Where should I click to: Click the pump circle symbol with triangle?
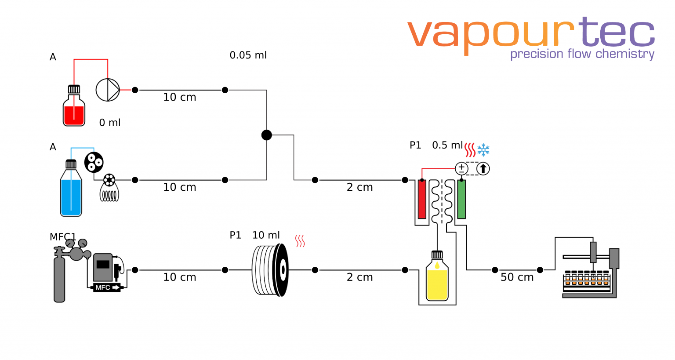(x=108, y=90)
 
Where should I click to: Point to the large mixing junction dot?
(x=266, y=135)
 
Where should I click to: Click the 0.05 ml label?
(x=248, y=55)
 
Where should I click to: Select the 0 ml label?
(x=109, y=123)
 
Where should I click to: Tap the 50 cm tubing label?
(x=517, y=277)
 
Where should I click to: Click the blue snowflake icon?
(x=483, y=150)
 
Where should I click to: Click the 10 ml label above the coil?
(x=266, y=235)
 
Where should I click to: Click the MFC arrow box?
(x=106, y=287)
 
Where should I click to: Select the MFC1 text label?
(x=63, y=237)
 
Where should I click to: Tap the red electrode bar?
(x=422, y=199)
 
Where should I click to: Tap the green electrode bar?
(x=461, y=199)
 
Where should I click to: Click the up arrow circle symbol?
(x=483, y=168)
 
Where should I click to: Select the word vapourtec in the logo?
(x=530, y=33)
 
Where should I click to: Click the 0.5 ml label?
(x=447, y=145)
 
